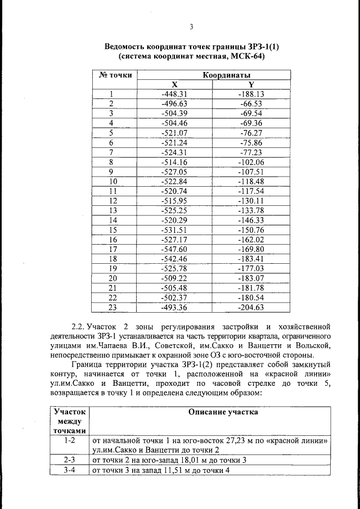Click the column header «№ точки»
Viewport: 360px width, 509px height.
click(115, 75)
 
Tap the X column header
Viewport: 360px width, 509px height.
click(174, 84)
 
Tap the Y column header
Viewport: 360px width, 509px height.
click(251, 84)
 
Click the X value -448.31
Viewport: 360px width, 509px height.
click(174, 94)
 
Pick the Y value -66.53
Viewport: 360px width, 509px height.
click(251, 104)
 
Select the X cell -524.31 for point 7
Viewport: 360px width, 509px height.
click(174, 152)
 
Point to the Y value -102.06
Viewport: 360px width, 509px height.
click(251, 162)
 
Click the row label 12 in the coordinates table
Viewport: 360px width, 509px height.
click(113, 201)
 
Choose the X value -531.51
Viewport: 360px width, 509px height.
click(174, 229)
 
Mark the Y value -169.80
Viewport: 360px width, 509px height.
click(251, 249)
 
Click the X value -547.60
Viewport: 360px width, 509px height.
click(174, 249)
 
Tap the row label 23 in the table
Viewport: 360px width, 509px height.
click(112, 307)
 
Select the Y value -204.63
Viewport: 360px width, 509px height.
click(251, 307)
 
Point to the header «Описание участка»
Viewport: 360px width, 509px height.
click(223, 412)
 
